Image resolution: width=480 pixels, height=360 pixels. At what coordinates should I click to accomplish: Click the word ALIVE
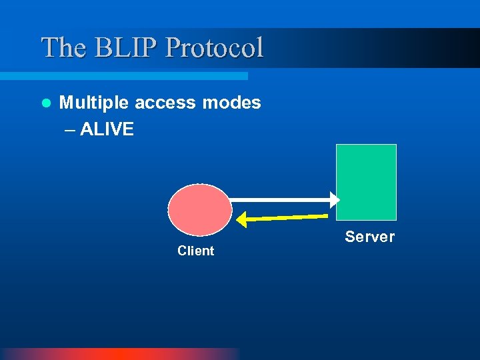click(107, 129)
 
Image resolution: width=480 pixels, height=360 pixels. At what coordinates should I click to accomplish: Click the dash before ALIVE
click(71, 129)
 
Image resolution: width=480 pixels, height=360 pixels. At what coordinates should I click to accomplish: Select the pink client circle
click(200, 209)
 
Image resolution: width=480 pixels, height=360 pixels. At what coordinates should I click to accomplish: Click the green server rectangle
click(366, 182)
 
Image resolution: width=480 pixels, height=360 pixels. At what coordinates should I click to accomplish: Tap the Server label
click(369, 237)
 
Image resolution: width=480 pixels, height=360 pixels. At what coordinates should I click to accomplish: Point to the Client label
click(195, 251)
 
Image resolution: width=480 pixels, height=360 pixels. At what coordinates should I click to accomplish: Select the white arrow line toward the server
click(280, 199)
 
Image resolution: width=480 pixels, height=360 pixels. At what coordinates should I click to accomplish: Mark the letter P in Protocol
click(173, 47)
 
